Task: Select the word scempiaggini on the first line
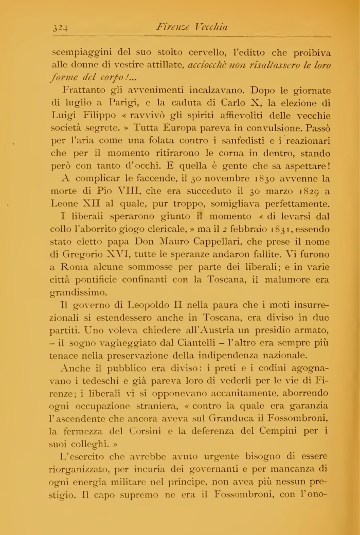[x=79, y=53]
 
